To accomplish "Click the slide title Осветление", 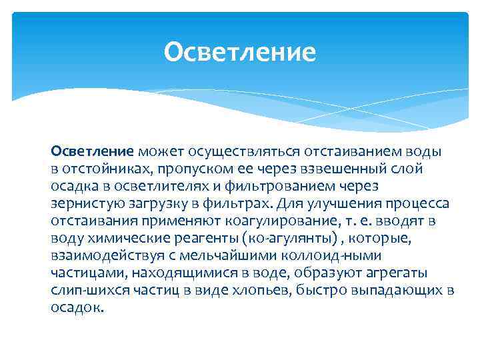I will click(x=239, y=51).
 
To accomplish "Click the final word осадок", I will click(x=77, y=307).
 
